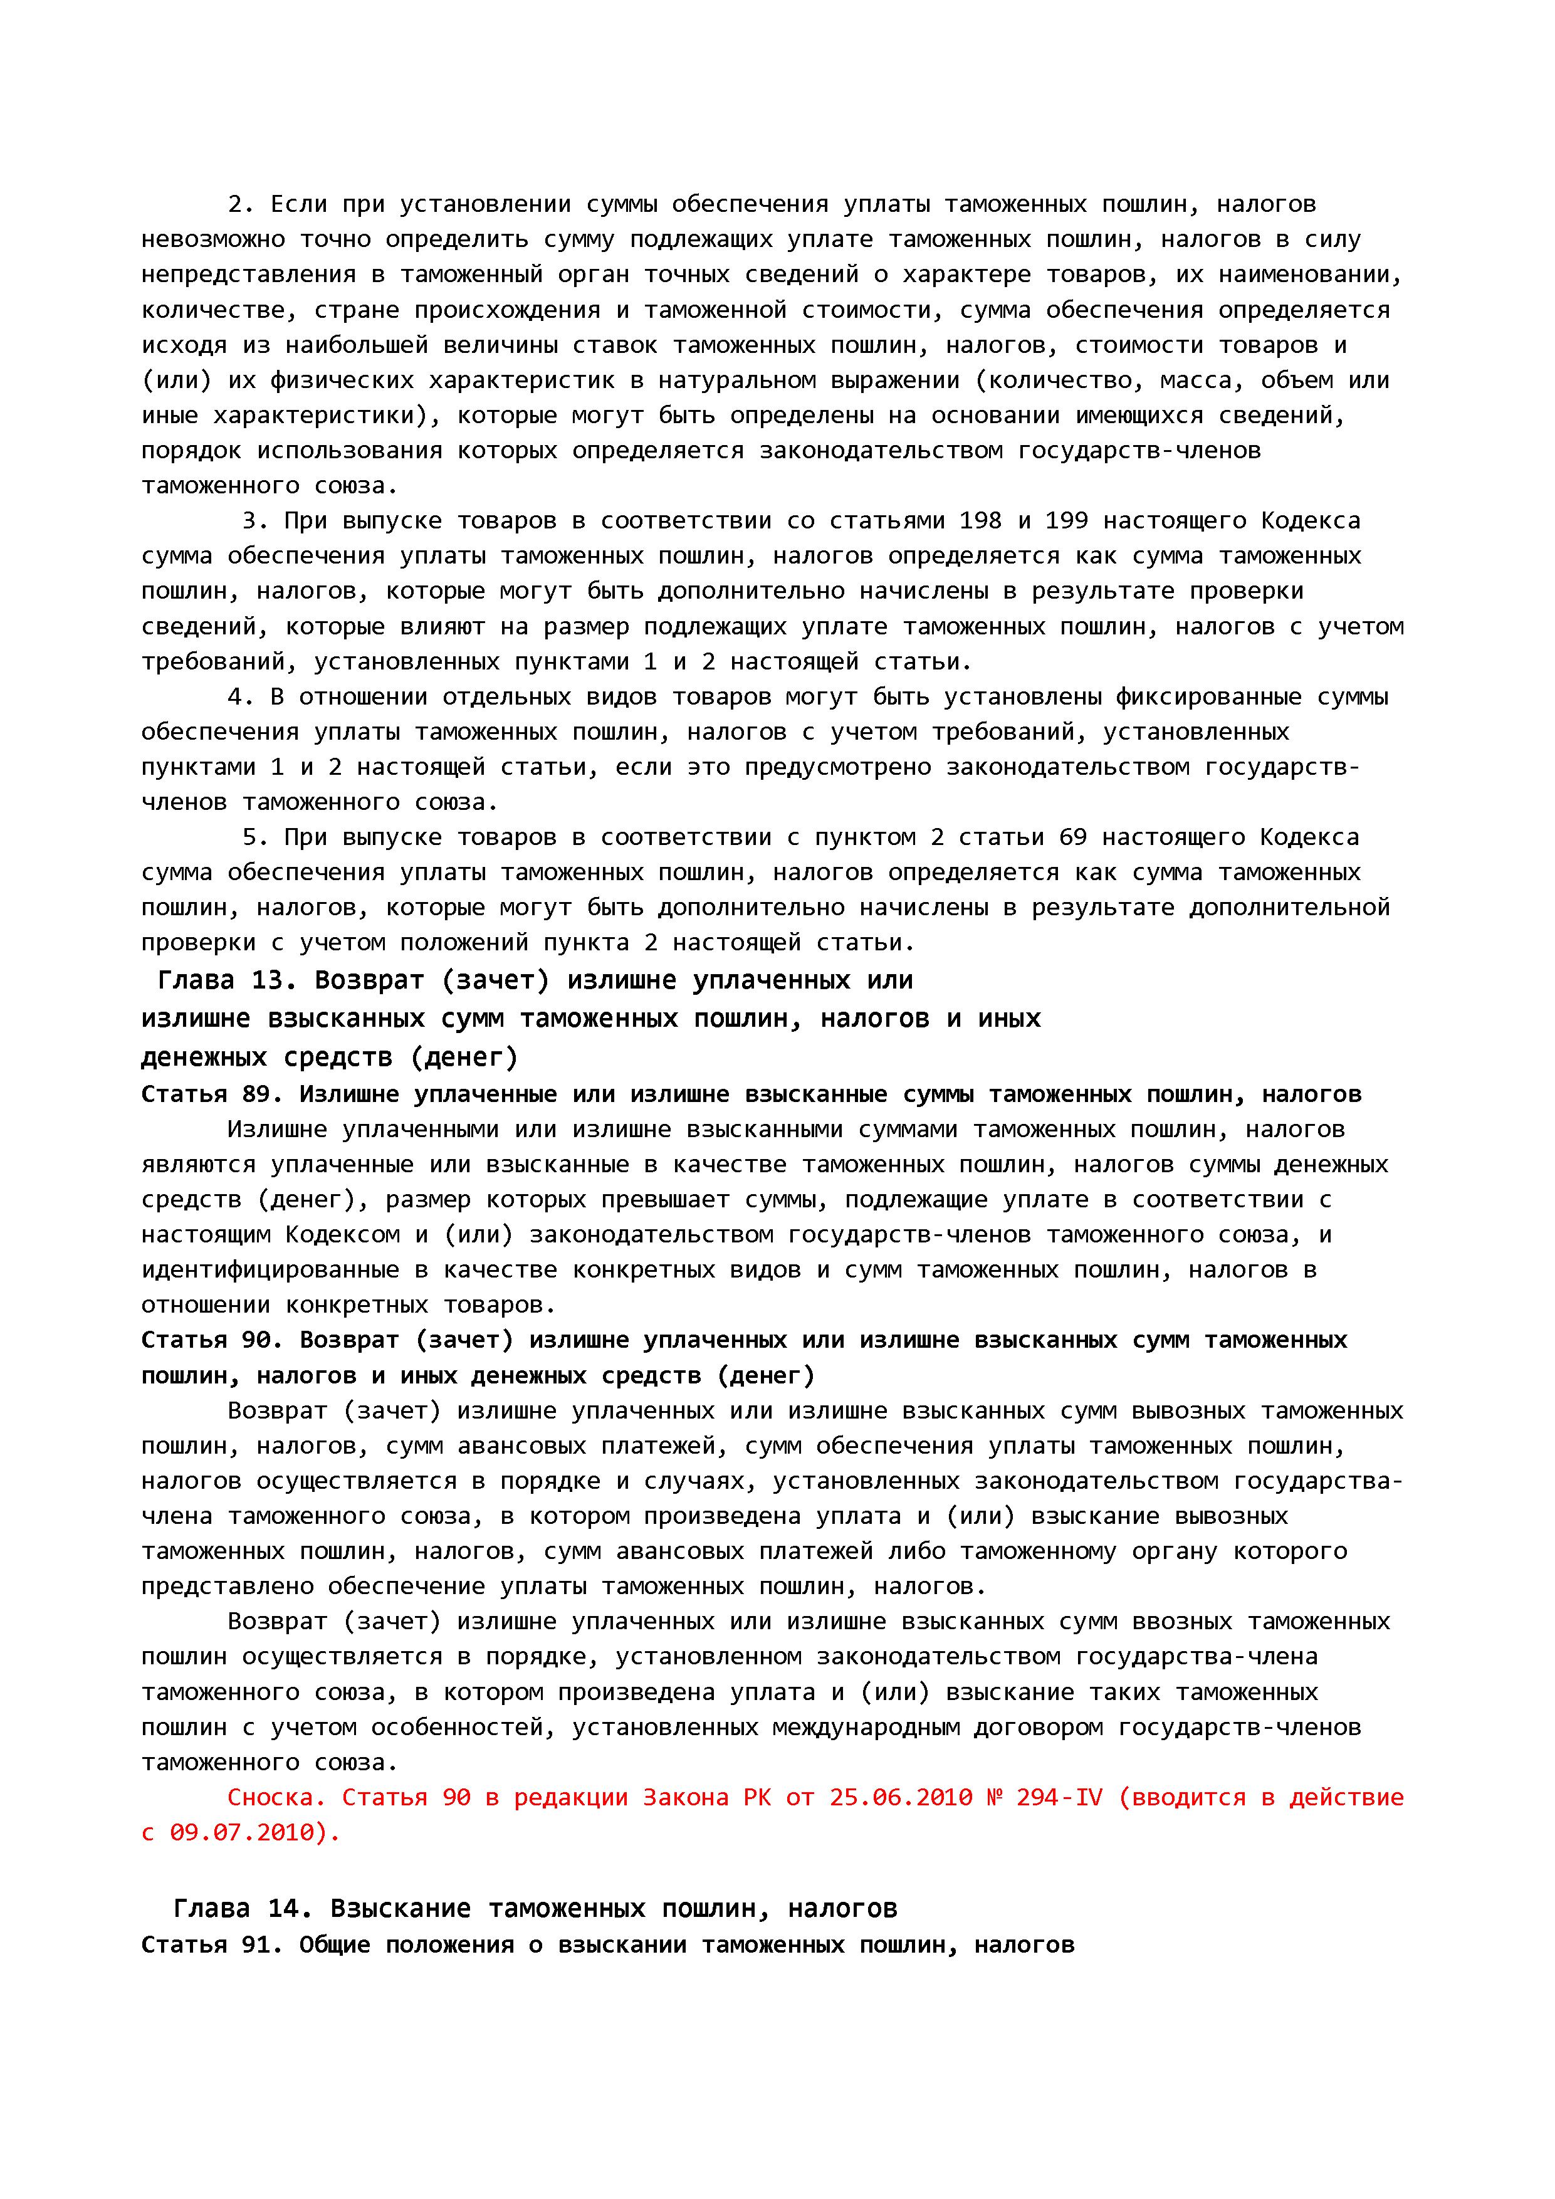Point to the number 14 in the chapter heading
pos(285,1909)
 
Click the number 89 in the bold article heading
pos(256,1094)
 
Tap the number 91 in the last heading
pos(256,1945)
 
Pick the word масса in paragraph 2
pos(1201,380)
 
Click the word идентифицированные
pos(270,1270)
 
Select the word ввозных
pos(1183,1622)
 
